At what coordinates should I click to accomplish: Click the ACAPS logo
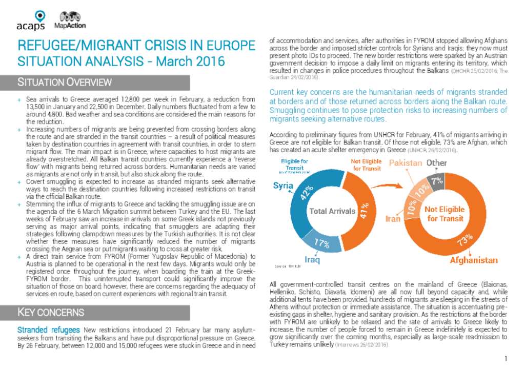(30, 20)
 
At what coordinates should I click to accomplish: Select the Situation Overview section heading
(65, 82)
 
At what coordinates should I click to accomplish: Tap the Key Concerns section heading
(51, 312)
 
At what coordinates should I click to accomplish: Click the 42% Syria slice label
(307, 193)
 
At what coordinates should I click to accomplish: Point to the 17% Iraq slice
(321, 243)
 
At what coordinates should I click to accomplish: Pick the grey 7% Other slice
(437, 180)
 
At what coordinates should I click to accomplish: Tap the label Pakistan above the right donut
(406, 163)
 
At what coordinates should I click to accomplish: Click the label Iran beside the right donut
(393, 219)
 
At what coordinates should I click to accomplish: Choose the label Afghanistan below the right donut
(473, 260)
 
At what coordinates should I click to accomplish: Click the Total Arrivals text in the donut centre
(332, 211)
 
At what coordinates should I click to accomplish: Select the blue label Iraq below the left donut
(312, 260)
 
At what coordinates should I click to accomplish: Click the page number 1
(506, 358)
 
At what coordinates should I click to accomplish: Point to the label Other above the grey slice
(437, 163)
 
